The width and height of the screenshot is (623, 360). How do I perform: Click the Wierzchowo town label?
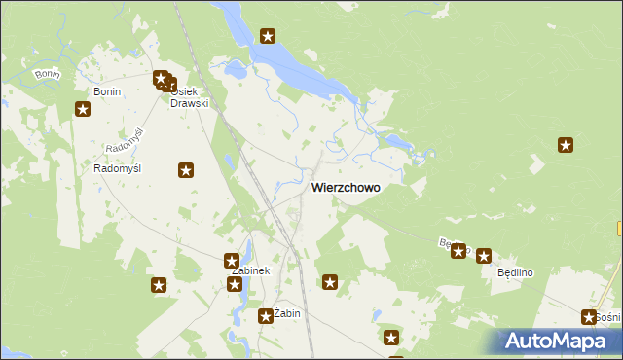[345, 187]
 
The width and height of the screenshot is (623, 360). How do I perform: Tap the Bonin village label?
[107, 91]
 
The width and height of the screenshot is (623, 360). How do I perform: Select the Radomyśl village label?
[118, 168]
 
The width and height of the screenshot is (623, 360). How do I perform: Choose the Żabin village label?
[288, 313]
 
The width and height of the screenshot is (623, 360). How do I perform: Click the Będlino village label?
[516, 273]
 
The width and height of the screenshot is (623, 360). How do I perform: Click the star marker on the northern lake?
[268, 38]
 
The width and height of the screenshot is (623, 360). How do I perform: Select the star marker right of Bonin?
[83, 110]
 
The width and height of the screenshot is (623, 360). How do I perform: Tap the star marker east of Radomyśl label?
[186, 171]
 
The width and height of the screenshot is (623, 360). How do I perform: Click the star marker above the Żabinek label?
[232, 261]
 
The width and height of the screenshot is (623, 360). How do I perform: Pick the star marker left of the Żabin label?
[266, 315]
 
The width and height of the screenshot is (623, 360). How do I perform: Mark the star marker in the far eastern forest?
[565, 146]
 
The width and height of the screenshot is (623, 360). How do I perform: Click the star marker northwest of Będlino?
[458, 251]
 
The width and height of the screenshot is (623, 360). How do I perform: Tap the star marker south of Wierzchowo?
[330, 283]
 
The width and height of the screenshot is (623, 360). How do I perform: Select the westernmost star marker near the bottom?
[159, 286]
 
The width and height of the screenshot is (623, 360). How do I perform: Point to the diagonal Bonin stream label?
[47, 74]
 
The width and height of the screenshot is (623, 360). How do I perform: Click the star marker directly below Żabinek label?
[235, 284]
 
